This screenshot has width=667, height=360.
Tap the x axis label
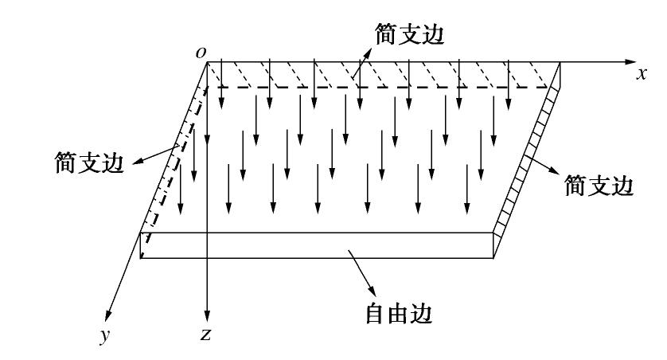tap(642, 73)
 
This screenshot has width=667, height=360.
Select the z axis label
tap(205, 335)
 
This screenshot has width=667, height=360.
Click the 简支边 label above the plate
tap(406, 33)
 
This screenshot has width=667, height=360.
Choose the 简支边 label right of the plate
tap(599, 186)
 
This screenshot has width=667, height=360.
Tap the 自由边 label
tap(398, 314)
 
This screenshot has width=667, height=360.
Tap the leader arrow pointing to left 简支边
tap(151, 155)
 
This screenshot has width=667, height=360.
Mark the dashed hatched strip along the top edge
tap(382, 75)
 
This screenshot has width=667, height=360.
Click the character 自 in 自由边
tap(376, 314)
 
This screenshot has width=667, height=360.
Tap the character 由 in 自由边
tap(398, 314)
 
